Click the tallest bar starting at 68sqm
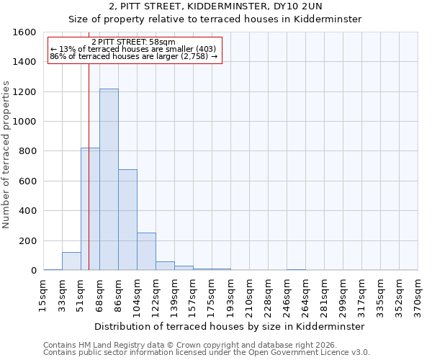(x=109, y=180)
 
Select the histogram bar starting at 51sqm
(x=90, y=209)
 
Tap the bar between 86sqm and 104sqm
(x=127, y=220)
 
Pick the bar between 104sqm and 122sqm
(x=146, y=251)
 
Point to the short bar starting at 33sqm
(x=71, y=261)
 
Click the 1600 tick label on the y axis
(x=24, y=32)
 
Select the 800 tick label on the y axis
(x=27, y=151)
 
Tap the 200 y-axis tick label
(x=27, y=240)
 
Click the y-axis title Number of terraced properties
(x=6, y=155)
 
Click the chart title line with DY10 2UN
(x=215, y=6)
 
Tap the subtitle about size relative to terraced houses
(x=215, y=19)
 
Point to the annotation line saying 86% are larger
(x=133, y=55)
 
